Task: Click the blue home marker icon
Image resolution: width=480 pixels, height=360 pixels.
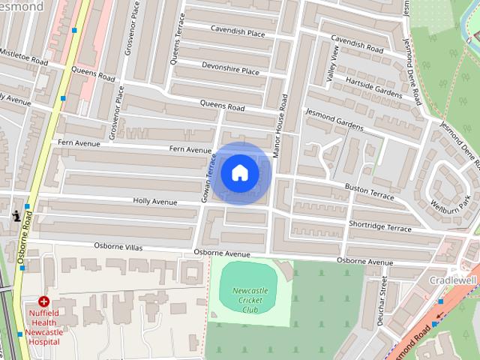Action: (x=239, y=173)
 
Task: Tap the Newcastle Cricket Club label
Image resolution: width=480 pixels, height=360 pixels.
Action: (x=250, y=299)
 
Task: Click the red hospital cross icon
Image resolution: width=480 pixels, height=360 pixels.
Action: (x=44, y=301)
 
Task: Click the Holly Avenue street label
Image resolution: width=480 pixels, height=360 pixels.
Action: (x=154, y=202)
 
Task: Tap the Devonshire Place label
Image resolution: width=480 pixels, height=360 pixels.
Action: (x=230, y=70)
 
